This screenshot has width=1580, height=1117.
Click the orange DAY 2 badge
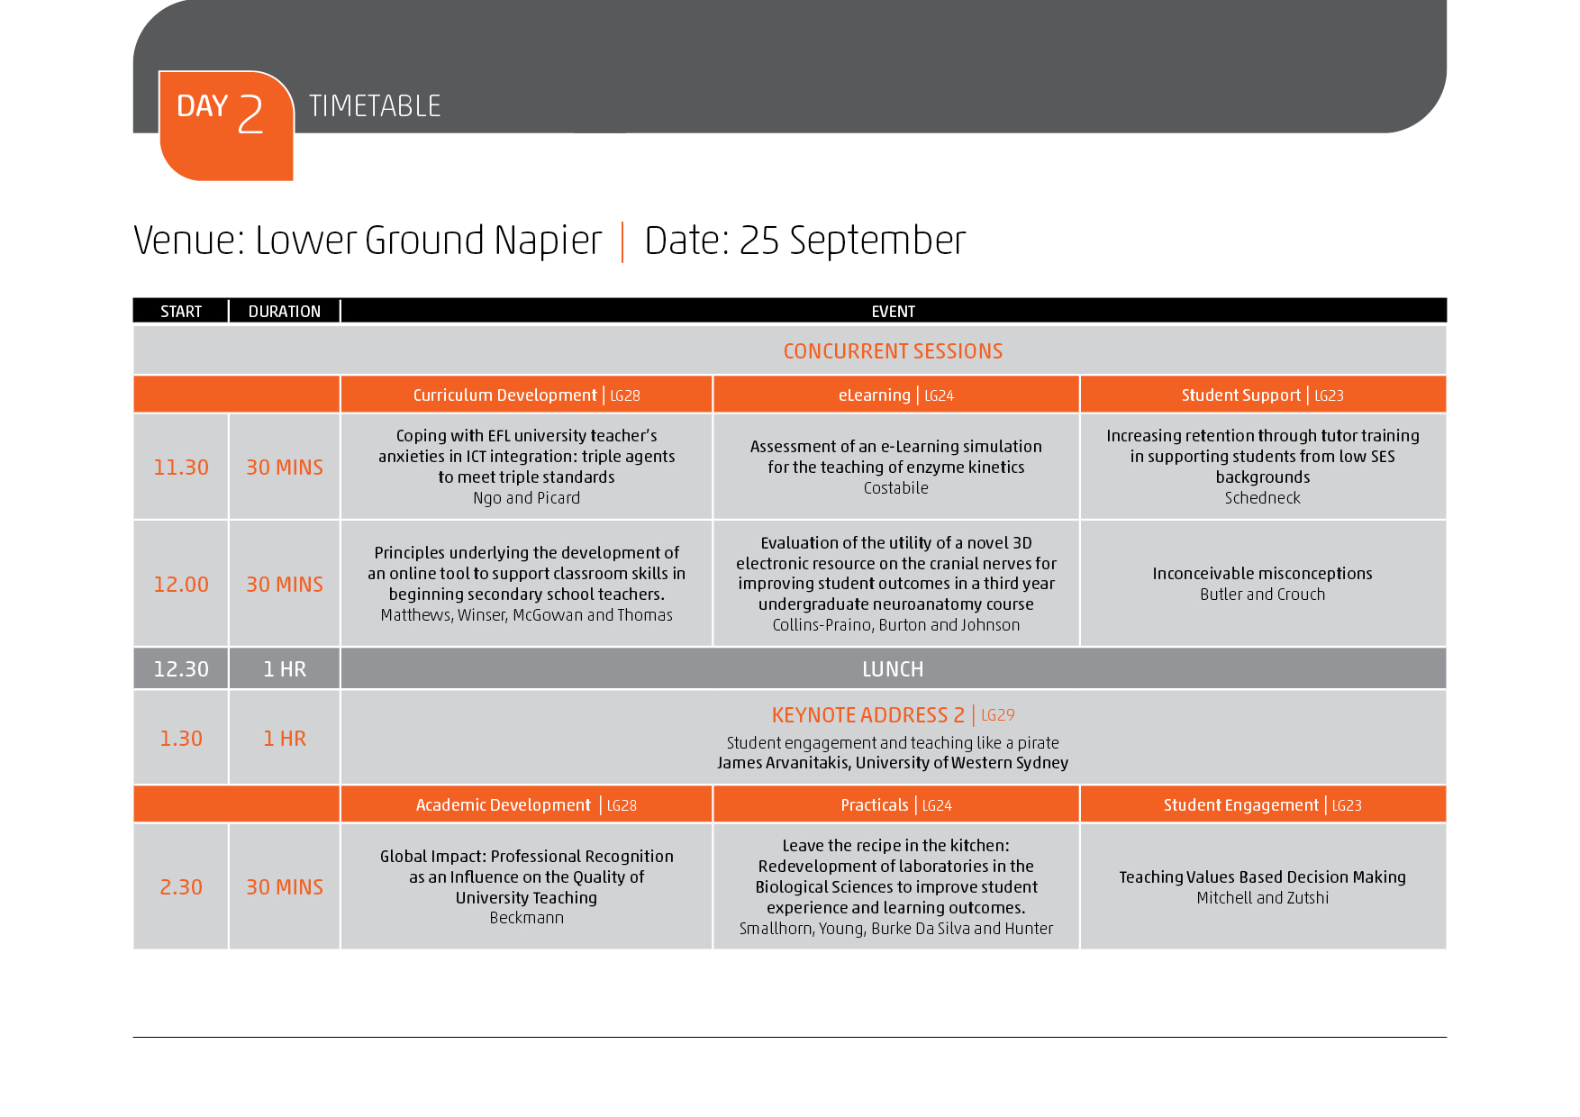226,125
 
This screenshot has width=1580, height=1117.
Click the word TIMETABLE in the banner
375,106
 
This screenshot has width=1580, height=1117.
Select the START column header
181,312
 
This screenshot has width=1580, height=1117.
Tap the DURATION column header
285,312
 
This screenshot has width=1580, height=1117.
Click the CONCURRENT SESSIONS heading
893,351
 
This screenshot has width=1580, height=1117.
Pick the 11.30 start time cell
181,468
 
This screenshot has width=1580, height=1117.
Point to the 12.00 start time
181,585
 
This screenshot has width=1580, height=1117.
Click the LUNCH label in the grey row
893,669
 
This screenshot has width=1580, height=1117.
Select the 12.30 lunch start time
181,669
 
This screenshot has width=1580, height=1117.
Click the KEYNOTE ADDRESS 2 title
868,715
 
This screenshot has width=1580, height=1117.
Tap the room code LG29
998,715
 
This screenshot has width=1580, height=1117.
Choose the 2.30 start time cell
181,887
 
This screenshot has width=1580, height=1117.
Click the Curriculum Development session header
504,395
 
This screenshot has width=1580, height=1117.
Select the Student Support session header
1241,395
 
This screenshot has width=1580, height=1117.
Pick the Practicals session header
875,805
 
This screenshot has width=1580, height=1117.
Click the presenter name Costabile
896,488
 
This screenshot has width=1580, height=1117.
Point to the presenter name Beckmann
527,918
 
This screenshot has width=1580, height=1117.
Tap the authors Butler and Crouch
1263,595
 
